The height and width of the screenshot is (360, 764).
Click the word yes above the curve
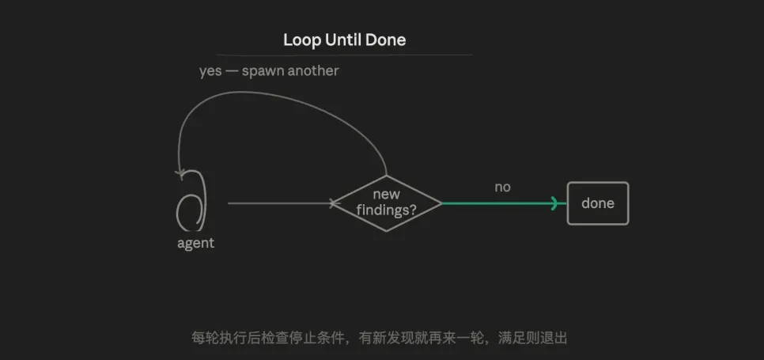pyautogui.click(x=210, y=71)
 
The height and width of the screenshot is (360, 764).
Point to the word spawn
pyautogui.click(x=263, y=71)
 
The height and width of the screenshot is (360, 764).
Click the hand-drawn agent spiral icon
pyautogui.click(x=191, y=200)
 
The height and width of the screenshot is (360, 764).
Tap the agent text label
pyautogui.click(x=195, y=243)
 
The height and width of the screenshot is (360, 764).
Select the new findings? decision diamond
pyautogui.click(x=387, y=203)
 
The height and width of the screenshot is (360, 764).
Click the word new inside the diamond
pyautogui.click(x=387, y=195)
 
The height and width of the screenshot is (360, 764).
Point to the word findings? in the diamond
pyautogui.click(x=387, y=211)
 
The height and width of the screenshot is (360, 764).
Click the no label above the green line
pyautogui.click(x=502, y=187)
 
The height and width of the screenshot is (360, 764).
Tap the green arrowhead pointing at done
pyautogui.click(x=554, y=203)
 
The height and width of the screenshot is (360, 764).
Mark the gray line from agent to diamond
pyautogui.click(x=280, y=203)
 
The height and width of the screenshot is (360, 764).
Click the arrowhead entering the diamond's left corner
pyautogui.click(x=333, y=203)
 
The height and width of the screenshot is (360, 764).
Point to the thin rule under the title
pyautogui.click(x=345, y=55)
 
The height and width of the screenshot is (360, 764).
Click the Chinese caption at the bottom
pyautogui.click(x=379, y=338)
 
